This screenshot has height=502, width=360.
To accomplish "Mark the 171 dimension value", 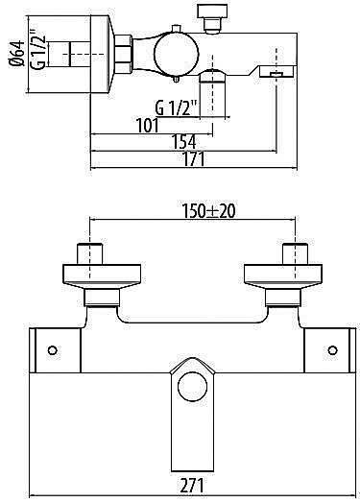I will (x=194, y=160).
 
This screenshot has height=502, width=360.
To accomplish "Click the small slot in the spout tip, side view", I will (x=275, y=73).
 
